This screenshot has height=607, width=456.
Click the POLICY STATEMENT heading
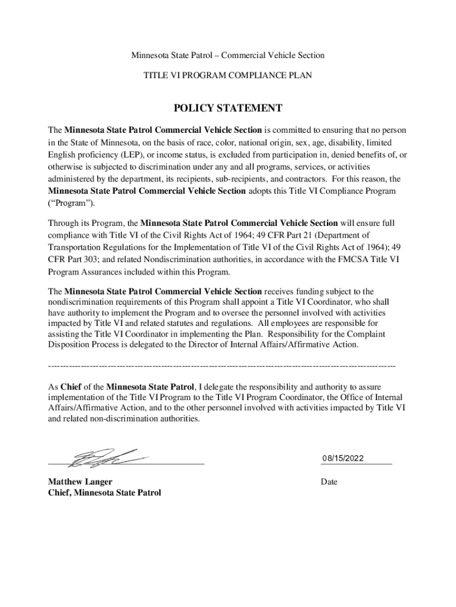(x=227, y=108)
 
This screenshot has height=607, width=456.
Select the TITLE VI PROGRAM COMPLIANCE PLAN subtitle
(x=227, y=75)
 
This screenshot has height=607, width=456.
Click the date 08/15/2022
(x=343, y=458)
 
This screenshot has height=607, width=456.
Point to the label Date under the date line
(x=329, y=482)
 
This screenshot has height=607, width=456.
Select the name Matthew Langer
(x=80, y=482)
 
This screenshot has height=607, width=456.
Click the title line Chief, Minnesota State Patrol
(x=104, y=493)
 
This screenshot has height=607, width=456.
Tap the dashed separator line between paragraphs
(x=221, y=365)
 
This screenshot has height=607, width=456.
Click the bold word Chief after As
(x=72, y=386)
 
